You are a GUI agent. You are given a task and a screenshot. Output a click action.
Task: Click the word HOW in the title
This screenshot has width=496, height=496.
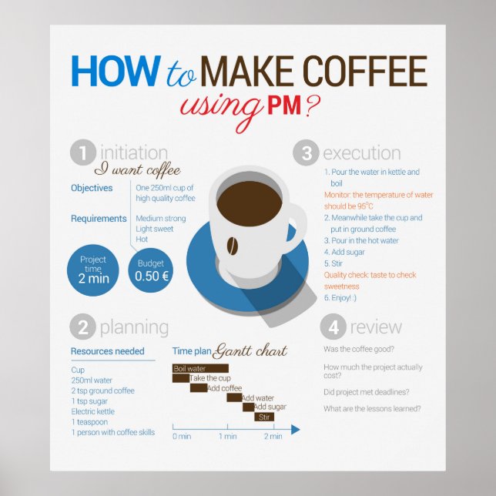point(114,72)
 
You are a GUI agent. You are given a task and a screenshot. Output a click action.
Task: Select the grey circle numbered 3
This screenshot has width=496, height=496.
point(306,153)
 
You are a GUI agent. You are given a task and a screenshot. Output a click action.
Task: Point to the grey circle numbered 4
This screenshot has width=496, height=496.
point(333,327)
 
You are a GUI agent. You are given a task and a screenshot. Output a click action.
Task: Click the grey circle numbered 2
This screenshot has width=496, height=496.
point(83,327)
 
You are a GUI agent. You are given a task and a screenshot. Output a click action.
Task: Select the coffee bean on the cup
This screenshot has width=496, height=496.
point(230,245)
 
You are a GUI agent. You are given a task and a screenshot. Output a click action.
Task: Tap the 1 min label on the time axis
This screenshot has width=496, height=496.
point(228,437)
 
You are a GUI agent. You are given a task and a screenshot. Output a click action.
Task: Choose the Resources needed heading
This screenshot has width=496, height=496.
point(107,351)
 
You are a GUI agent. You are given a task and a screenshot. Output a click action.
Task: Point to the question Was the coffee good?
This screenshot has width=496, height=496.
point(360,349)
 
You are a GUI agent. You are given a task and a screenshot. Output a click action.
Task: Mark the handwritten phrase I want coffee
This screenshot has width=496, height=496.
point(137,170)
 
